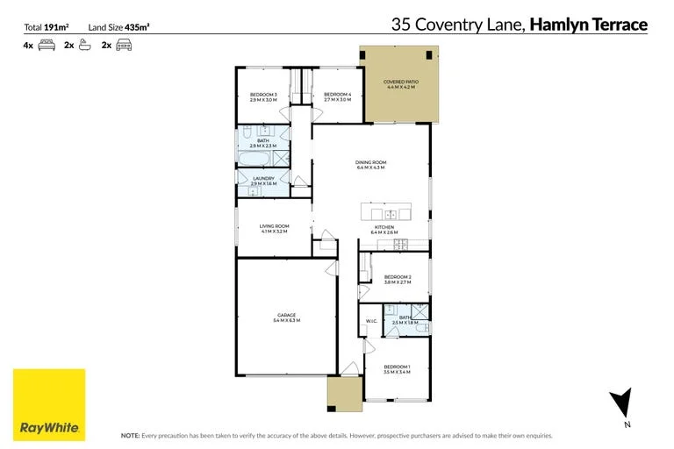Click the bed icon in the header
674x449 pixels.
(47, 44)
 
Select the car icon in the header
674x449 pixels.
(124, 44)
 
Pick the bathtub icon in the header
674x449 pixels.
(85, 44)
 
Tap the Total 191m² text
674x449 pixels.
(46, 27)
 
